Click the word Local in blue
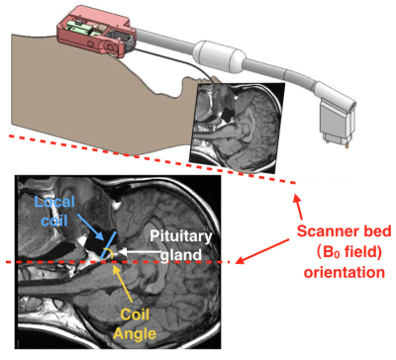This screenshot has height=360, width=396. point(54,202)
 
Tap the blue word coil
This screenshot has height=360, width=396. point(54,220)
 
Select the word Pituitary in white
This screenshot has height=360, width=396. point(180,236)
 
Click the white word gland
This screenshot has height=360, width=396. point(182,254)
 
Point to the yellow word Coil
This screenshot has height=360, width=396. point(135,315)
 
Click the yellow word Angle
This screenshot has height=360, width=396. point(135,333)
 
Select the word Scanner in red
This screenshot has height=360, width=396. point(326,230)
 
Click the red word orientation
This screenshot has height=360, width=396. point(345,273)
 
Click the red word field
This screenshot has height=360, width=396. point(357,252)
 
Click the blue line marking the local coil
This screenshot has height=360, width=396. point(108,244)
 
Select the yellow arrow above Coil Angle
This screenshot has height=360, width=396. point(122,282)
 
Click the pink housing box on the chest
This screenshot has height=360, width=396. point(96,34)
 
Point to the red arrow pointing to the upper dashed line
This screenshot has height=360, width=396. point(298,207)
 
